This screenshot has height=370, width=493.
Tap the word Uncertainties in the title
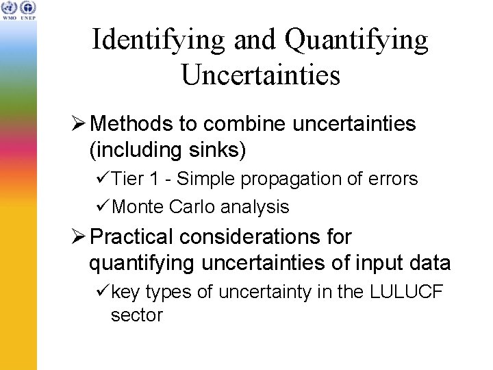pos(260,74)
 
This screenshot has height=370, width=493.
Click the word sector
pos(136,316)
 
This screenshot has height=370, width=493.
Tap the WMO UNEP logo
pos(18,10)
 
